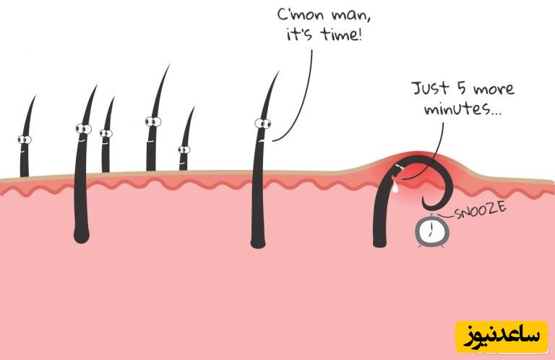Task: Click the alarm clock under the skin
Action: coord(432,231)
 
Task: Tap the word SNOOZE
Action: coord(480,210)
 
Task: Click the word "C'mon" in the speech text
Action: coord(300,15)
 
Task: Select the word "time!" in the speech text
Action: coord(341,34)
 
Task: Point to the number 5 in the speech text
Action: coord(462,87)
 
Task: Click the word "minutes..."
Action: coord(463,108)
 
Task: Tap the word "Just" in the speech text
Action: coord(431,88)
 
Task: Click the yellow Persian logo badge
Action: coord(502,337)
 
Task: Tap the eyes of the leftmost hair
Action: coord(25,140)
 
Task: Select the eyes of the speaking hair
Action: coord(263,124)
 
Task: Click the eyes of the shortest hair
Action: coord(184,150)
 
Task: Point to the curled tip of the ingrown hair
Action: coord(426,205)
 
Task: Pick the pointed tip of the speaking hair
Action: coord(278,72)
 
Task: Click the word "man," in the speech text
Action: coord(351,16)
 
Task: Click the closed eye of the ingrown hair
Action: coord(399,166)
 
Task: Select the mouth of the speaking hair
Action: coord(262,140)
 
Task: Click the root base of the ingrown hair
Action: coord(380,241)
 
